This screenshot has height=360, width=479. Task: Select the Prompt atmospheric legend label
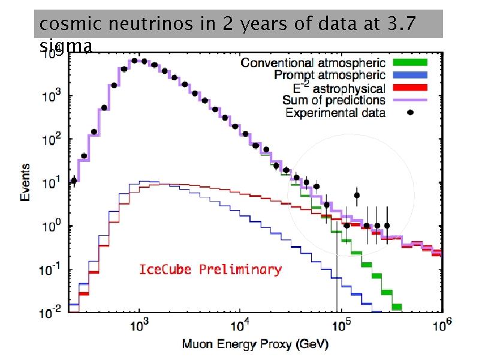point(329,75)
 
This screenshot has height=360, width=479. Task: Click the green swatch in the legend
point(409,62)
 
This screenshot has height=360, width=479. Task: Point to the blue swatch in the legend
point(409,75)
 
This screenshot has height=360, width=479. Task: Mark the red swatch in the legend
point(409,88)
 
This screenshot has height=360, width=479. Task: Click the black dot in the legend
point(410,112)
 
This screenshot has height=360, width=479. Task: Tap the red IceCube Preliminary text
point(210,269)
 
